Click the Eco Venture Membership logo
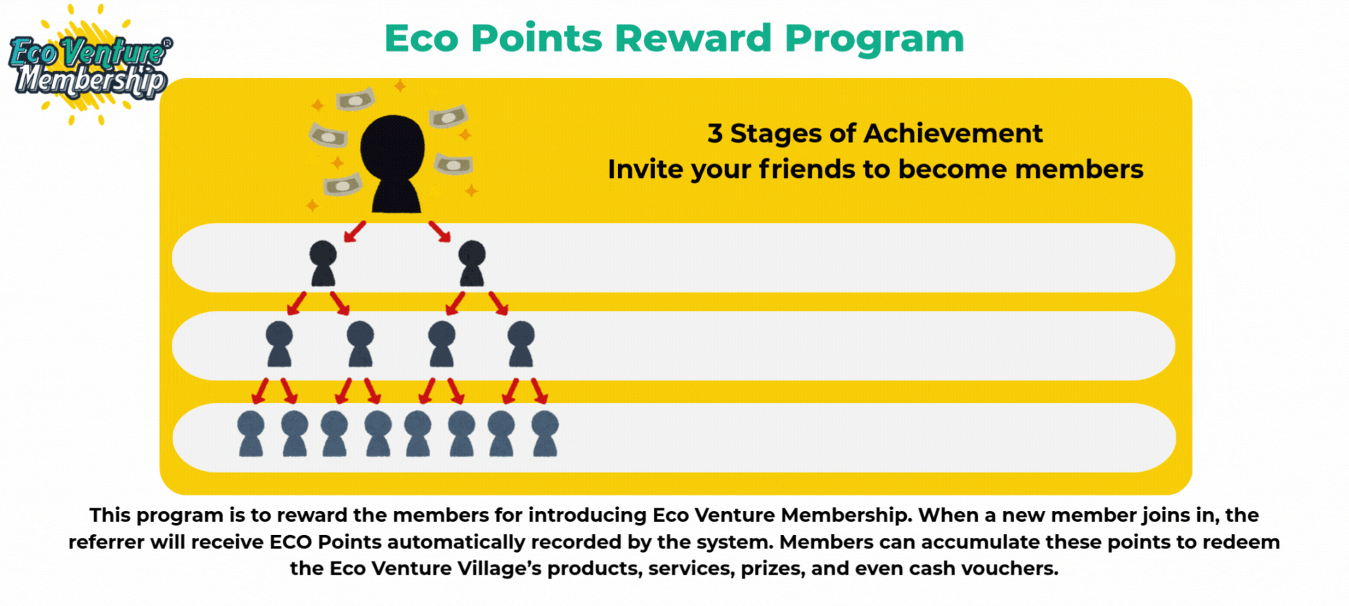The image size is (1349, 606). point(90,66)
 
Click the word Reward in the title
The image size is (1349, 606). point(693,38)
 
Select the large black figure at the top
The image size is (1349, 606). point(392,164)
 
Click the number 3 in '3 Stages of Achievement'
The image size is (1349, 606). point(715,133)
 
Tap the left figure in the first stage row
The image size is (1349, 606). point(323,263)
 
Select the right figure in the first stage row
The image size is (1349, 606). point(472,263)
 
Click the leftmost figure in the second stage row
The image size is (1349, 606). point(279,344)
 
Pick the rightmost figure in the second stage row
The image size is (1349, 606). point(521,344)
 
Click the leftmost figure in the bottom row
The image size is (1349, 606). point(251,434)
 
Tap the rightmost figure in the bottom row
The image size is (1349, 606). point(545,434)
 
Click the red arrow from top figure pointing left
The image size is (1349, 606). point(355,231)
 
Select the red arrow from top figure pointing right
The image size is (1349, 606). point(439,231)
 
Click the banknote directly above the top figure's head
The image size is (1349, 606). point(355,100)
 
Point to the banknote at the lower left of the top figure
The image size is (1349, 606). point(342,185)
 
